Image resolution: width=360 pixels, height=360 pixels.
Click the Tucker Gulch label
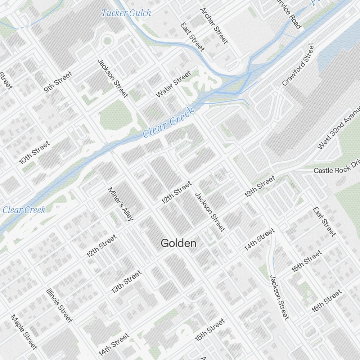tap(126, 13)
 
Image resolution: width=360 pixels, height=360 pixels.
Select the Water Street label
tap(173, 84)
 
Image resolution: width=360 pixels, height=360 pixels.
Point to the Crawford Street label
tap(298, 64)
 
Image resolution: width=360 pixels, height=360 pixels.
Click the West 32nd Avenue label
tap(339, 128)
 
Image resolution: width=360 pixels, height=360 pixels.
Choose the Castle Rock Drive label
tap(337, 170)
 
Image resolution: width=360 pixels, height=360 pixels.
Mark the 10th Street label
tap(34, 153)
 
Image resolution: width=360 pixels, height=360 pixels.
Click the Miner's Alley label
tap(121, 204)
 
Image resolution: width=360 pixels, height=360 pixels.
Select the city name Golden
tap(179, 243)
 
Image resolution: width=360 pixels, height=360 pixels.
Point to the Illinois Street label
tap(59, 305)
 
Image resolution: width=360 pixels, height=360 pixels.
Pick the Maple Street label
tap(24, 332)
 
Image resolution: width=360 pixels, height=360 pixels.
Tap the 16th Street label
tap(327, 301)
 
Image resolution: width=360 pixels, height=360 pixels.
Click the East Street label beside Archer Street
tap(193, 37)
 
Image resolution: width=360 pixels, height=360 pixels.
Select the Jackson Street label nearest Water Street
tap(113, 78)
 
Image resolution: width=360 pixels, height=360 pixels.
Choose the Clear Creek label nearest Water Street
tap(169, 122)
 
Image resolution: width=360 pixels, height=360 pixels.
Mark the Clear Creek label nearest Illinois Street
tap(24, 210)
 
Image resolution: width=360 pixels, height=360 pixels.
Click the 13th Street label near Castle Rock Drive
tap(260, 186)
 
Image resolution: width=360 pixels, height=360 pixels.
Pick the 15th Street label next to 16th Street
tap(307, 261)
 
